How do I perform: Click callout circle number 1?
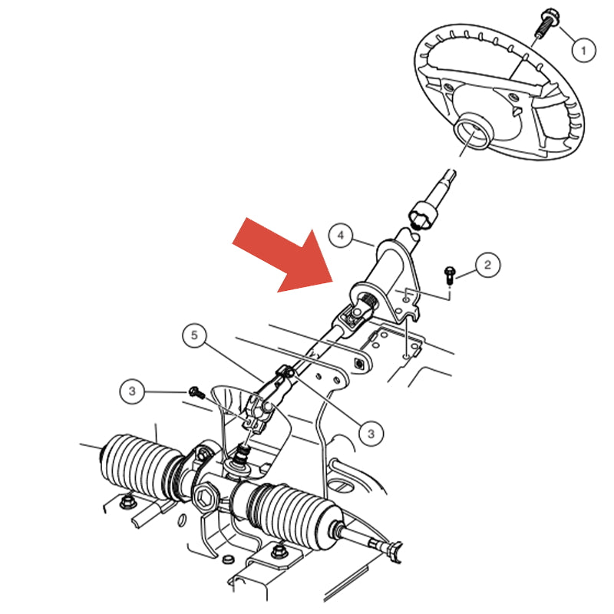583,50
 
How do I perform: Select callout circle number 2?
487,265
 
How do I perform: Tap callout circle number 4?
341,236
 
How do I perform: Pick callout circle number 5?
194,335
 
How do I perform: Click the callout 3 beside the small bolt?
132,391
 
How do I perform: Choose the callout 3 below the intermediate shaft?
371,433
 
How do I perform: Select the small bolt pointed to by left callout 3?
196,392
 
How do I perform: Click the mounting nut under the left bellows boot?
127,501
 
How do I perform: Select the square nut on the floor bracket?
358,364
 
